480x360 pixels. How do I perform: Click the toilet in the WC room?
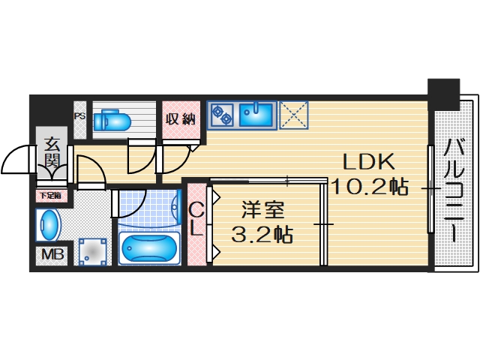[x=116, y=119]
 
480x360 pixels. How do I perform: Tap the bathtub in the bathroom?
[x=148, y=247]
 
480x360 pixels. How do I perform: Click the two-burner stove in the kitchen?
[x=222, y=115]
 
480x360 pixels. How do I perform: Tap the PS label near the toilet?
[x=79, y=116]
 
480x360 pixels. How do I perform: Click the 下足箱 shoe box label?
[x=50, y=196]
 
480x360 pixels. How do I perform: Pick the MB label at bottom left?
[x=52, y=254]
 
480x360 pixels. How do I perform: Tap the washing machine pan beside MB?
[x=92, y=251]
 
